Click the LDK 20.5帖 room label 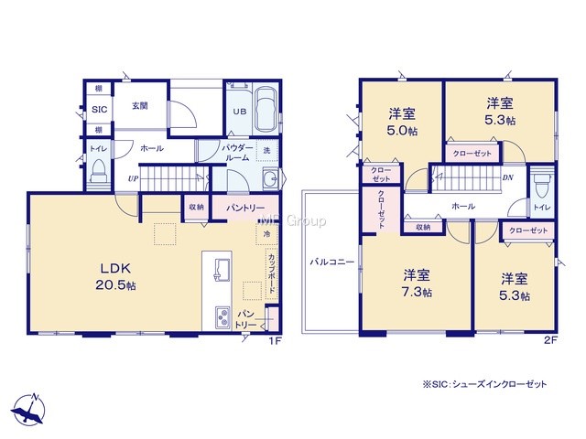pos(115,276)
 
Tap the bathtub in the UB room pos(266,110)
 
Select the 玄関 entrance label pos(140,106)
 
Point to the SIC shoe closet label pos(100,110)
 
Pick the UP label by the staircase pos(133,179)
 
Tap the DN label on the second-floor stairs pos(507,177)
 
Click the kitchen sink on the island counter pos(222,269)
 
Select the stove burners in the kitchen pos(222,317)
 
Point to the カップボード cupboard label pos(272,273)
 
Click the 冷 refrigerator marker pos(266,234)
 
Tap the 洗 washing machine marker pos(266,150)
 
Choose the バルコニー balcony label pos(331,262)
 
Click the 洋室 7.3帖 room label pos(418,284)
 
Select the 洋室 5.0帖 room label pos(403,122)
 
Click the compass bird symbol pos(28,411)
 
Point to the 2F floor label pos(550,340)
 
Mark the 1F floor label pos(275,340)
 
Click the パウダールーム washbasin pos(270,178)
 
